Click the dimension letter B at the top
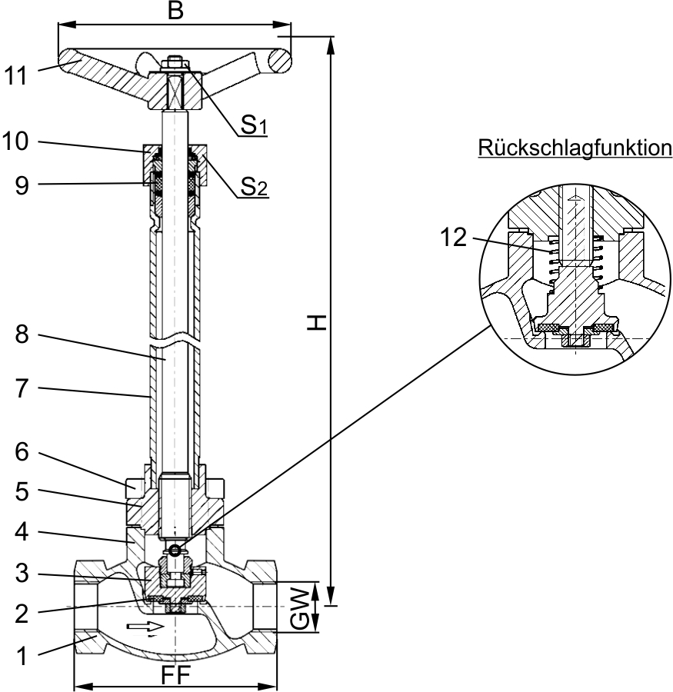pos(175,10)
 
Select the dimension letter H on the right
pos(317,323)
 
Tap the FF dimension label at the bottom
pos(175,675)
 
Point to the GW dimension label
pos(300,608)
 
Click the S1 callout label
pos(254,125)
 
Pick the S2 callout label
pos(254,187)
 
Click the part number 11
pos(15,75)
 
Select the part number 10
pos(15,142)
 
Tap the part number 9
pos(22,185)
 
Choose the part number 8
pos(22,334)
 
